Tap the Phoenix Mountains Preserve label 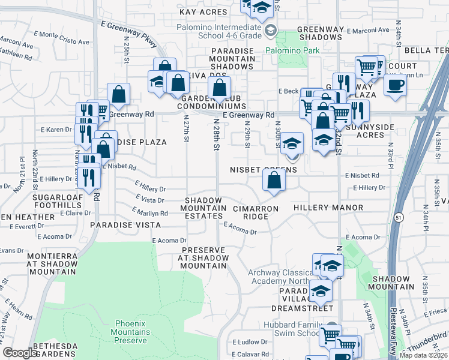pyautogui.click(x=130, y=332)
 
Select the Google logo pyautogui.click(x=20, y=353)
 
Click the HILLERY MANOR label pyautogui.click(x=328, y=208)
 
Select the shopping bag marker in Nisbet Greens pyautogui.click(x=274, y=179)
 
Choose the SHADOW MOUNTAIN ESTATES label pyautogui.click(x=205, y=208)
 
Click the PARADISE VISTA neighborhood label pyautogui.click(x=125, y=224)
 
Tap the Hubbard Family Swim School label pyautogui.click(x=297, y=329)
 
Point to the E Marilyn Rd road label pyautogui.click(x=150, y=212)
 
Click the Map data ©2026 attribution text pyautogui.click(x=423, y=355)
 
